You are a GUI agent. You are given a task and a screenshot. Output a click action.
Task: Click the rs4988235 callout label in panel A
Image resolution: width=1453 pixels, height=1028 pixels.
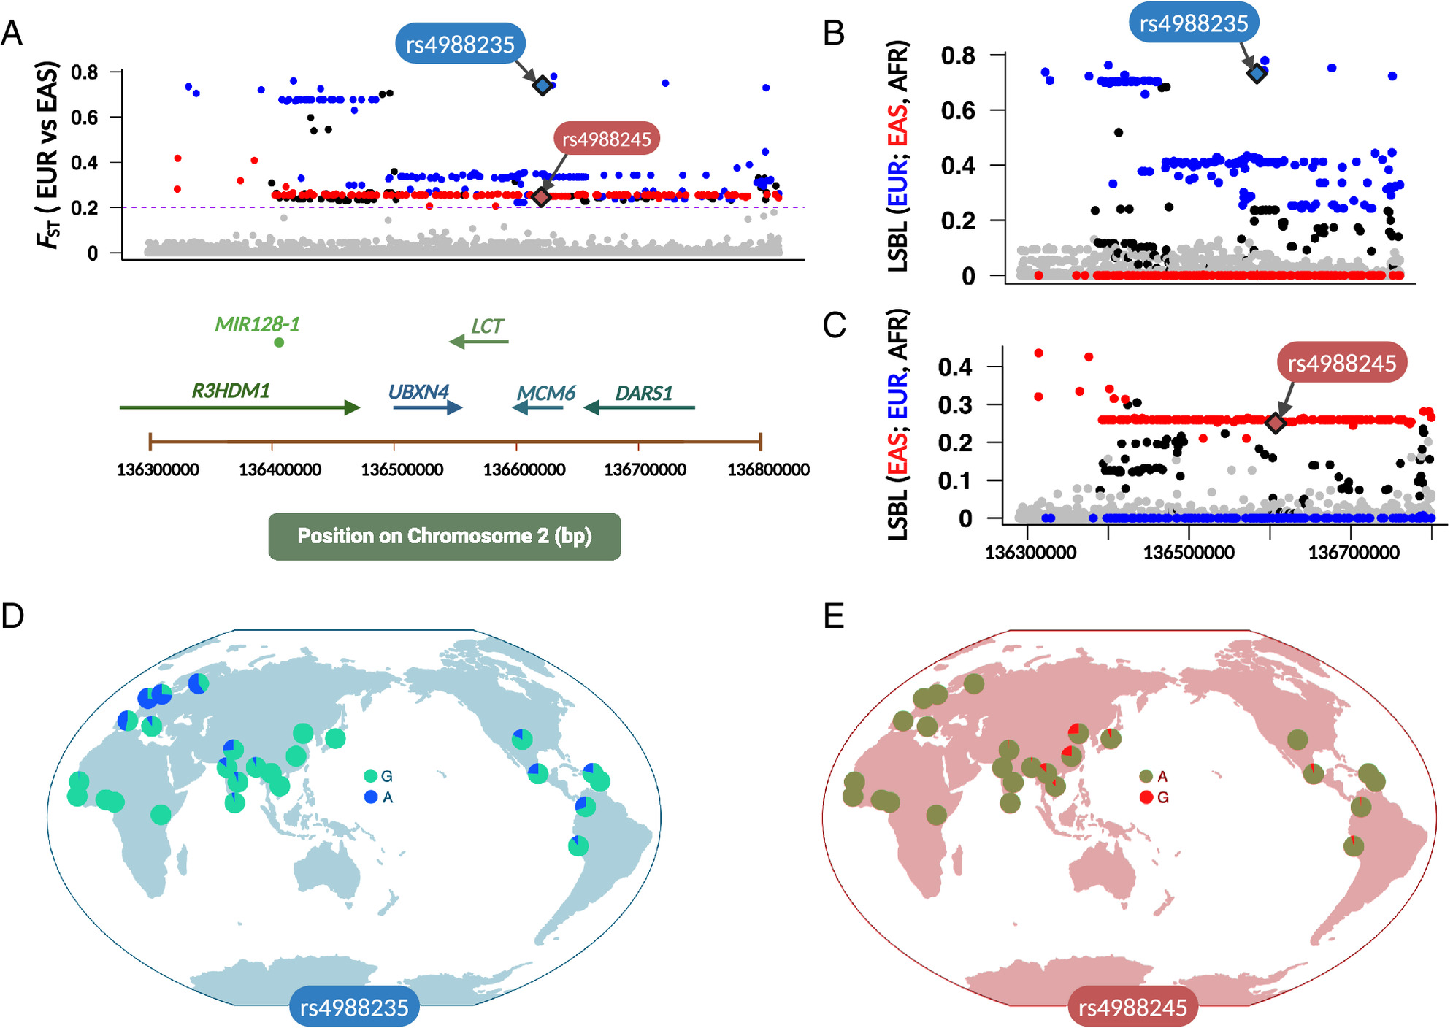pyautogui.click(x=460, y=45)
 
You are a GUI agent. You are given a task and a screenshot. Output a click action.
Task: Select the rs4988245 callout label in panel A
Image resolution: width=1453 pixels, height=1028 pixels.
pyautogui.click(x=606, y=139)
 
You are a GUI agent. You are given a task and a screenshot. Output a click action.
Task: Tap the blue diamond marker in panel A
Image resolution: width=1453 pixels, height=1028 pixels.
pyautogui.click(x=543, y=85)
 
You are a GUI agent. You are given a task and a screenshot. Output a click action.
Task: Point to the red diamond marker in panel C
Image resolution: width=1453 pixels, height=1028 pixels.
pyautogui.click(x=1275, y=423)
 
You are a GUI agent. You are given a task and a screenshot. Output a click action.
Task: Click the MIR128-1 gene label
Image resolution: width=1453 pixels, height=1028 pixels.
pyautogui.click(x=257, y=324)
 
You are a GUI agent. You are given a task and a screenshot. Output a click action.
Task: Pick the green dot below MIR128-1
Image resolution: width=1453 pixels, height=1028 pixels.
pyautogui.click(x=279, y=342)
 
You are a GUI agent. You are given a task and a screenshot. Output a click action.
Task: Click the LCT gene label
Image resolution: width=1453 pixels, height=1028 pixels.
pyautogui.click(x=487, y=326)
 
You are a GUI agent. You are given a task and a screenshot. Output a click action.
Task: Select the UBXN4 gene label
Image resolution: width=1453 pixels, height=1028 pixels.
pyautogui.click(x=418, y=392)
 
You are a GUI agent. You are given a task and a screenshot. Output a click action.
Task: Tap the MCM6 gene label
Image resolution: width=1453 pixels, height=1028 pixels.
pyautogui.click(x=546, y=394)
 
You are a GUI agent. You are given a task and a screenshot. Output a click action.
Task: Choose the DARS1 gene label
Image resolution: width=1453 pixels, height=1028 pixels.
pyautogui.click(x=643, y=394)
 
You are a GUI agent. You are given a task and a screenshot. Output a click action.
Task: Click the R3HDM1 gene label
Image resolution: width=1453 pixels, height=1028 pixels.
pyautogui.click(x=231, y=391)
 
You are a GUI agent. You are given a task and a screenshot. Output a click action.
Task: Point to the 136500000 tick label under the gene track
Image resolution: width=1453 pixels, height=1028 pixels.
pyautogui.click(x=402, y=469)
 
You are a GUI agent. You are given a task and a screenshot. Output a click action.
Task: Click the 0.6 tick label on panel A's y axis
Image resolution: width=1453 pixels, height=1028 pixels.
pyautogui.click(x=85, y=118)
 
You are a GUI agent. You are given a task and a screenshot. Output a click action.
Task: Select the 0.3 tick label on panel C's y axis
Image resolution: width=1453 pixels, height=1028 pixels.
pyautogui.click(x=955, y=405)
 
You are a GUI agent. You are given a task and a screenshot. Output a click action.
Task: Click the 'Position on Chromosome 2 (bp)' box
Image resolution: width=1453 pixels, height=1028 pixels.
pyautogui.click(x=444, y=536)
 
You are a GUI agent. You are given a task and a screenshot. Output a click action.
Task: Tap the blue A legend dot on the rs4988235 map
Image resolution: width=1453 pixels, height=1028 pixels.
pyautogui.click(x=371, y=797)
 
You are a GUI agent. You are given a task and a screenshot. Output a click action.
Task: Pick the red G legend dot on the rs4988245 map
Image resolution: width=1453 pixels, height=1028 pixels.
pyautogui.click(x=1146, y=797)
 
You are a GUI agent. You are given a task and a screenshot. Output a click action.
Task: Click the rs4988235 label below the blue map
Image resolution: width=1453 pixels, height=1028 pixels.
pyautogui.click(x=354, y=1008)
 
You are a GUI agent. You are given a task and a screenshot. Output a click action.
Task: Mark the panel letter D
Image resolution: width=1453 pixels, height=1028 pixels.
pyautogui.click(x=13, y=616)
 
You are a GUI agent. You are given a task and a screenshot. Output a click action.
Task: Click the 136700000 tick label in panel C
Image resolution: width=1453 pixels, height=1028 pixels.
pyautogui.click(x=1354, y=552)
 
